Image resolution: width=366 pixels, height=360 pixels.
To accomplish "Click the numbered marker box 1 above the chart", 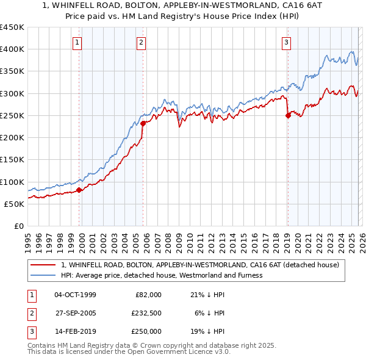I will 79,42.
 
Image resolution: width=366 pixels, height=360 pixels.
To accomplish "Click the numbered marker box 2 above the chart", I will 141,42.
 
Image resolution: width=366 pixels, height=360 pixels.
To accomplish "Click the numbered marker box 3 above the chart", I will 286,42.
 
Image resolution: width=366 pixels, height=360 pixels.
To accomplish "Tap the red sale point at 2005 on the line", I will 143,123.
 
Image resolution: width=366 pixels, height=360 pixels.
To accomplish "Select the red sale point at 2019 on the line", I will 288,116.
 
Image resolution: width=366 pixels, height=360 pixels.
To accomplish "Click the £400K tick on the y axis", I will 12,49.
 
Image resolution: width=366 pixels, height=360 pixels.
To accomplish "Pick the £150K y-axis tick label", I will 12,160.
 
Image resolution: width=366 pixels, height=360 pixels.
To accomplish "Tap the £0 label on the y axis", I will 19,226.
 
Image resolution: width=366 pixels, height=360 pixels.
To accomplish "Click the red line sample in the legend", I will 43,265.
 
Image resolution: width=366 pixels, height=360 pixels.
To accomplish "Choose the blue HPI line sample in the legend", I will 43,275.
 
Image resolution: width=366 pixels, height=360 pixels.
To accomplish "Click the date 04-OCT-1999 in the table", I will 75,295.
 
